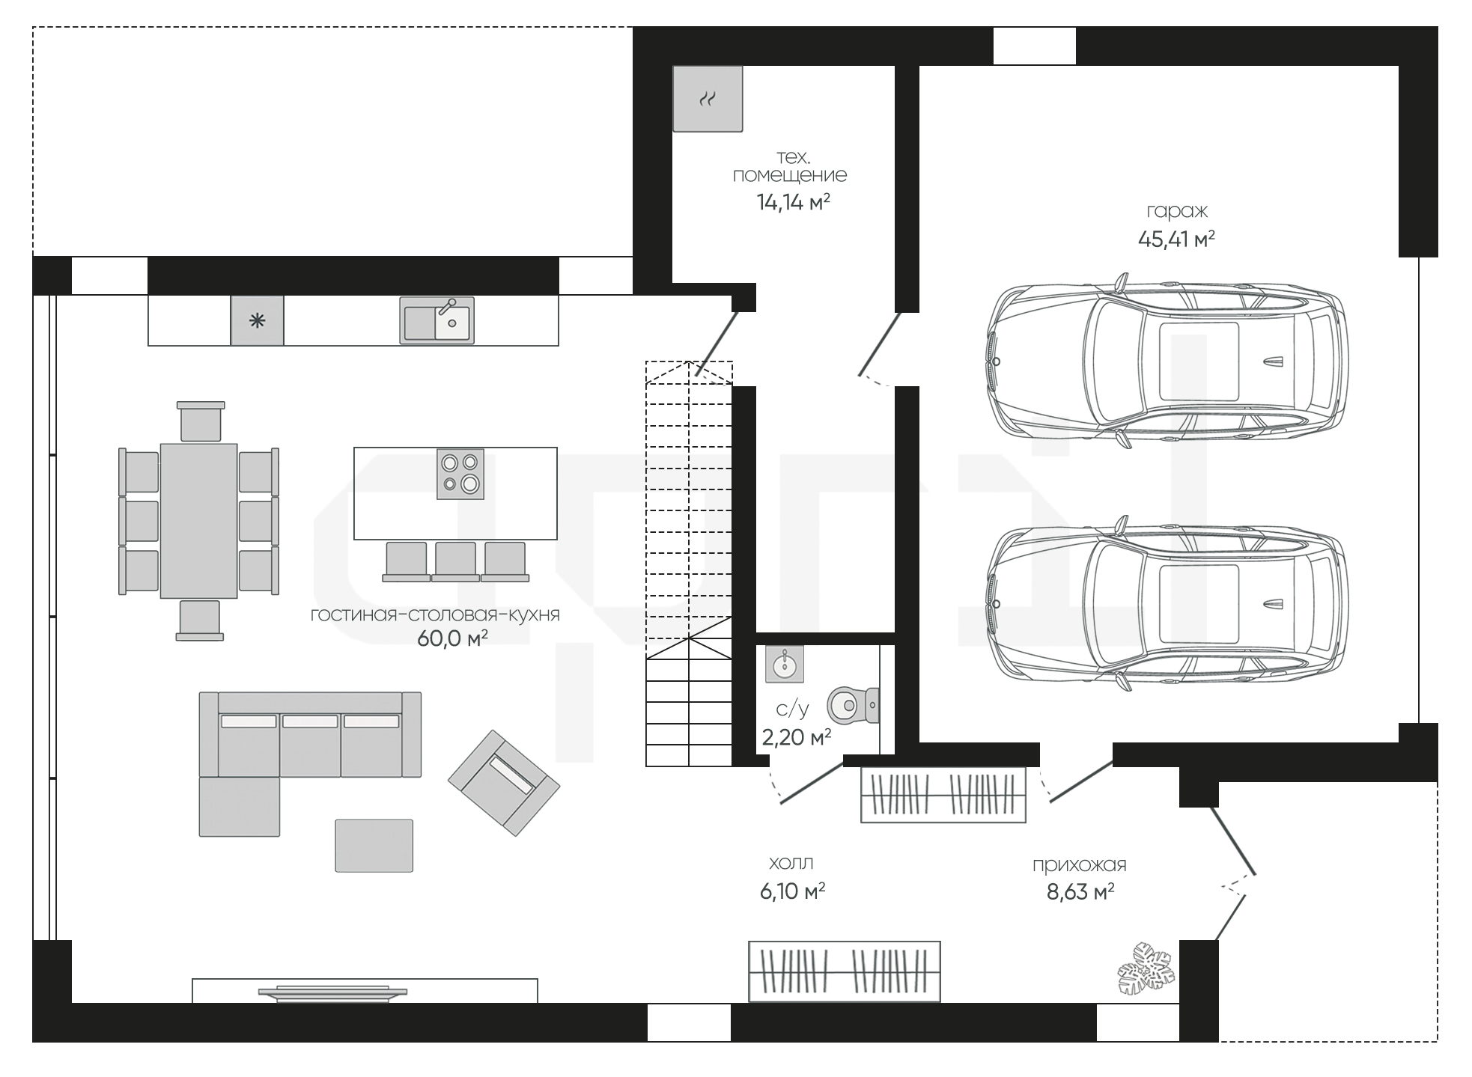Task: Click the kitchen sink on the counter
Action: pos(437,320)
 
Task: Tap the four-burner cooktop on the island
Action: pos(460,474)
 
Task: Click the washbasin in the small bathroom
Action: pos(785,665)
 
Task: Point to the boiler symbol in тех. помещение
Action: pos(708,99)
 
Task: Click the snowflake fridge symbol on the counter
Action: pos(257,321)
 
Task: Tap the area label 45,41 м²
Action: pos(1176,239)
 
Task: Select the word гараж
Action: pos(1177,213)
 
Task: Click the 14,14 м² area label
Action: pos(794,202)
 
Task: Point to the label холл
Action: pos(791,864)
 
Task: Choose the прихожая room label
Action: pos(1080,865)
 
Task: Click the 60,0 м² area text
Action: pos(453,638)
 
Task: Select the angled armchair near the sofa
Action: pos(504,783)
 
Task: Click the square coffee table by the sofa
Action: pos(374,846)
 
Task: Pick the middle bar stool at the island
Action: pos(455,561)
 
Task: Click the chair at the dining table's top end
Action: pos(201,421)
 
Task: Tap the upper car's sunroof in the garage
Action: pos(1199,361)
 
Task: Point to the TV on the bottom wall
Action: pos(332,993)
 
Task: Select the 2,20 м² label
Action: pos(797,738)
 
